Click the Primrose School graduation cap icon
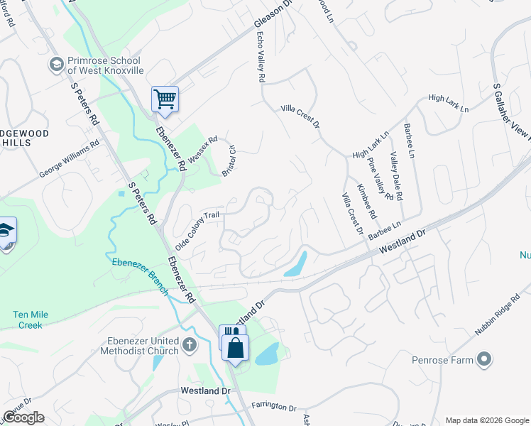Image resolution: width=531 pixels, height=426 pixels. pos(55,65)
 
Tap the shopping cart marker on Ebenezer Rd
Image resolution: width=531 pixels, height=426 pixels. pos(165,99)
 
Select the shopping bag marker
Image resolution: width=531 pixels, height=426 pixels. pos(235,348)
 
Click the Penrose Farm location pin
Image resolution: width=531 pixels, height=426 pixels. pos(484,360)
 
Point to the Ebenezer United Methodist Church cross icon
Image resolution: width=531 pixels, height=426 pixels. pos(189,345)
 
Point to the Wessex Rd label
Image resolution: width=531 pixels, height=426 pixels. pos(203,147)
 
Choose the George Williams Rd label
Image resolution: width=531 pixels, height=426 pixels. pos(70,160)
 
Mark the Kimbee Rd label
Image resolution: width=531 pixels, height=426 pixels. pos(365,201)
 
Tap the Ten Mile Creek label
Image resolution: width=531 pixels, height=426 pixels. pos(28,319)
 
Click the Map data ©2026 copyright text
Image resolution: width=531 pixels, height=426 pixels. pos(486,420)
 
